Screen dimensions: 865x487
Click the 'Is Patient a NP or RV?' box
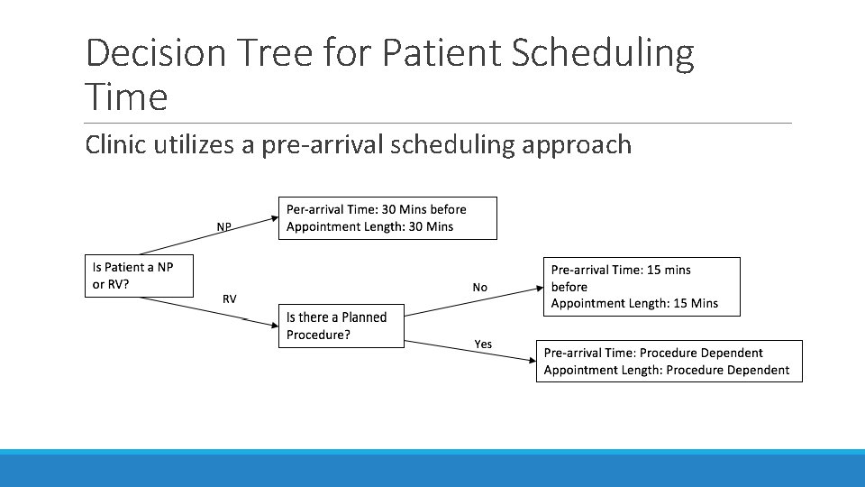point(139,276)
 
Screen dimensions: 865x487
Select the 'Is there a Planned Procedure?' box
point(341,326)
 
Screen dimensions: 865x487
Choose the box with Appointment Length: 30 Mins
point(388,217)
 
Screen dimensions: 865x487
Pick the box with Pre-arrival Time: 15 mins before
point(644,287)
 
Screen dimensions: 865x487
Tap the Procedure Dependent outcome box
point(669,361)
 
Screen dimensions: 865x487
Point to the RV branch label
point(230,299)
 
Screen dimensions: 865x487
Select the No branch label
point(479,287)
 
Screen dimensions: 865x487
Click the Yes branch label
point(483,344)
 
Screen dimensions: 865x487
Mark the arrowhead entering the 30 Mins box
point(274,217)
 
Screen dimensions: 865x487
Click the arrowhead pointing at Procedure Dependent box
point(531,360)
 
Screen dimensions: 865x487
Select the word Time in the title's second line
point(126,96)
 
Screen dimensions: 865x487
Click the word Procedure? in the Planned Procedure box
point(318,335)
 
